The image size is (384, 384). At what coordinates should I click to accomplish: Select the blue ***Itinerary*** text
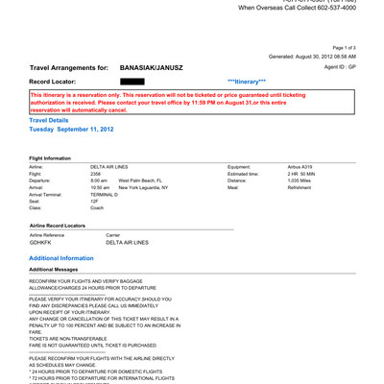click(247, 84)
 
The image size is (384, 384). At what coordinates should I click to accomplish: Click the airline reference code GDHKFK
click(42, 242)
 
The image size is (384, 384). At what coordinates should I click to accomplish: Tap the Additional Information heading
click(61, 258)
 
